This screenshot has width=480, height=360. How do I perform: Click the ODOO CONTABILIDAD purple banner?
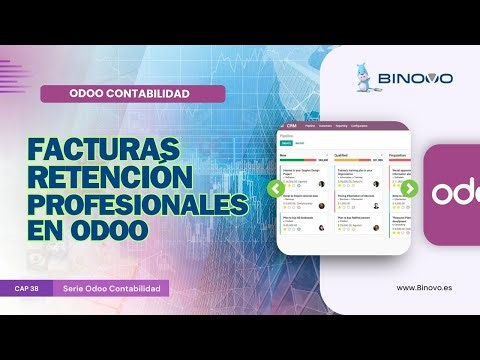(x=130, y=94)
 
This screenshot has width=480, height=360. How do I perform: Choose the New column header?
(x=284, y=156)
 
